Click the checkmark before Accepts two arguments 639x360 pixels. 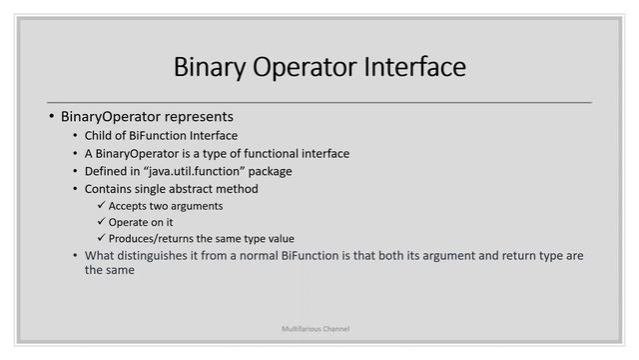point(100,205)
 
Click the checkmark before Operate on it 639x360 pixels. point(100,221)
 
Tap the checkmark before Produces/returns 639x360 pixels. point(100,238)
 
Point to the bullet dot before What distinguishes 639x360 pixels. point(76,256)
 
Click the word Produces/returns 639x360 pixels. point(150,238)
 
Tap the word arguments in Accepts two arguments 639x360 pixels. point(195,205)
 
